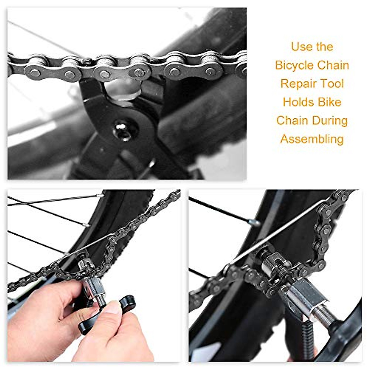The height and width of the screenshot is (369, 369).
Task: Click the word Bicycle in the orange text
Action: tap(294, 65)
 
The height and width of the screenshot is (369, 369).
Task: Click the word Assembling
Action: tap(312, 139)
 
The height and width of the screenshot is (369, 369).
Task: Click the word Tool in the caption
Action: tap(331, 84)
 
